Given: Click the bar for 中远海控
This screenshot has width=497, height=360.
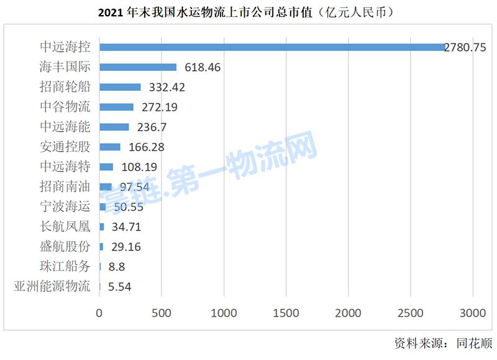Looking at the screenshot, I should (272, 47).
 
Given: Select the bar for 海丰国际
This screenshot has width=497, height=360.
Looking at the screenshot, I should (138, 67).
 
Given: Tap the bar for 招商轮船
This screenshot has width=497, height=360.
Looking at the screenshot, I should (120, 87).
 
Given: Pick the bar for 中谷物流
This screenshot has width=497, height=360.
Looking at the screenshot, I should (116, 107).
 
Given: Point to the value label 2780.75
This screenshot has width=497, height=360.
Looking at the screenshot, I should (465, 47).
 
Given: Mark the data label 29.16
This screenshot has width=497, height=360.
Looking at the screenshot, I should (126, 247).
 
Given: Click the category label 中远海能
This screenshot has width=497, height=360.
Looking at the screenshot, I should (65, 127).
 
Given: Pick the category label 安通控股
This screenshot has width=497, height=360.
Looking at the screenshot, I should (65, 147).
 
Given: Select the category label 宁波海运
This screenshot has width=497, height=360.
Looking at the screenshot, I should (65, 207).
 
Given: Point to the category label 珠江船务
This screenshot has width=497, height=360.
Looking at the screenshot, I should (65, 267).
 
